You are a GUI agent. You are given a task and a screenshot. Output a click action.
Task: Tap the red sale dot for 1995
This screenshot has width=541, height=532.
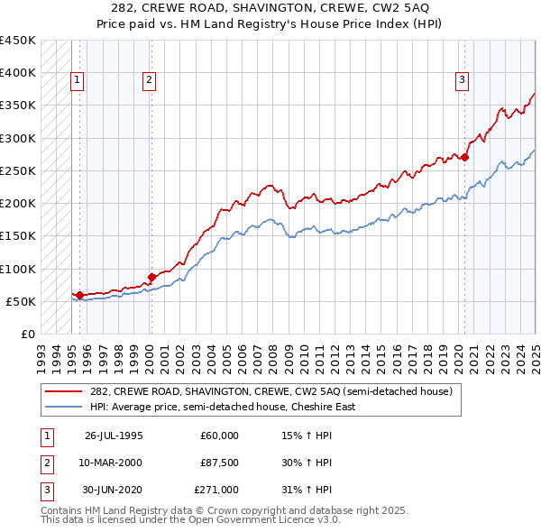[79, 295]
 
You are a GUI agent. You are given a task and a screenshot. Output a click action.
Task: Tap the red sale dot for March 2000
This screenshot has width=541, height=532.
[151, 277]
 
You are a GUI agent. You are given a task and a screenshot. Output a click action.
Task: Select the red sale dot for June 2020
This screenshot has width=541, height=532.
[465, 157]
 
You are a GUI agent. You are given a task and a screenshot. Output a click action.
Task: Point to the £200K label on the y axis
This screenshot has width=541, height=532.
[18, 203]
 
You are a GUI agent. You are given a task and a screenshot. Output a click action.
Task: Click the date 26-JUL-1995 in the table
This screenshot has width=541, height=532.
[113, 436]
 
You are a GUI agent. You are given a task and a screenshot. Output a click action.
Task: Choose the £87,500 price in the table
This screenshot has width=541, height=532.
[219, 463]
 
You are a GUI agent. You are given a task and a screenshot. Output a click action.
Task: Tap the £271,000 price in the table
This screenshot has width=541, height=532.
[216, 490]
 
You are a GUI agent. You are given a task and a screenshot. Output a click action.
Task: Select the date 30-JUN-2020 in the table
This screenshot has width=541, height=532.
[114, 490]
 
